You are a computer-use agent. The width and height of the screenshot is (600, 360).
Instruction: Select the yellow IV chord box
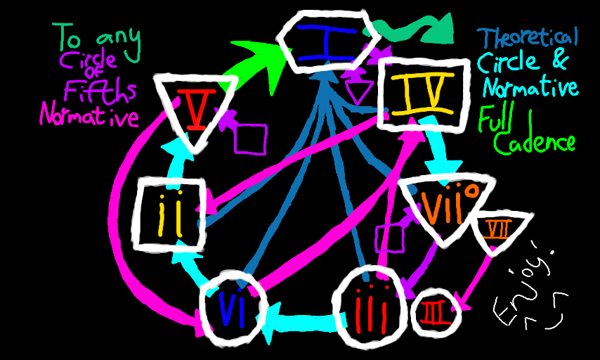pos(424,93)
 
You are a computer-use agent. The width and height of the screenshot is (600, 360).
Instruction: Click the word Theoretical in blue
pos(527,38)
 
